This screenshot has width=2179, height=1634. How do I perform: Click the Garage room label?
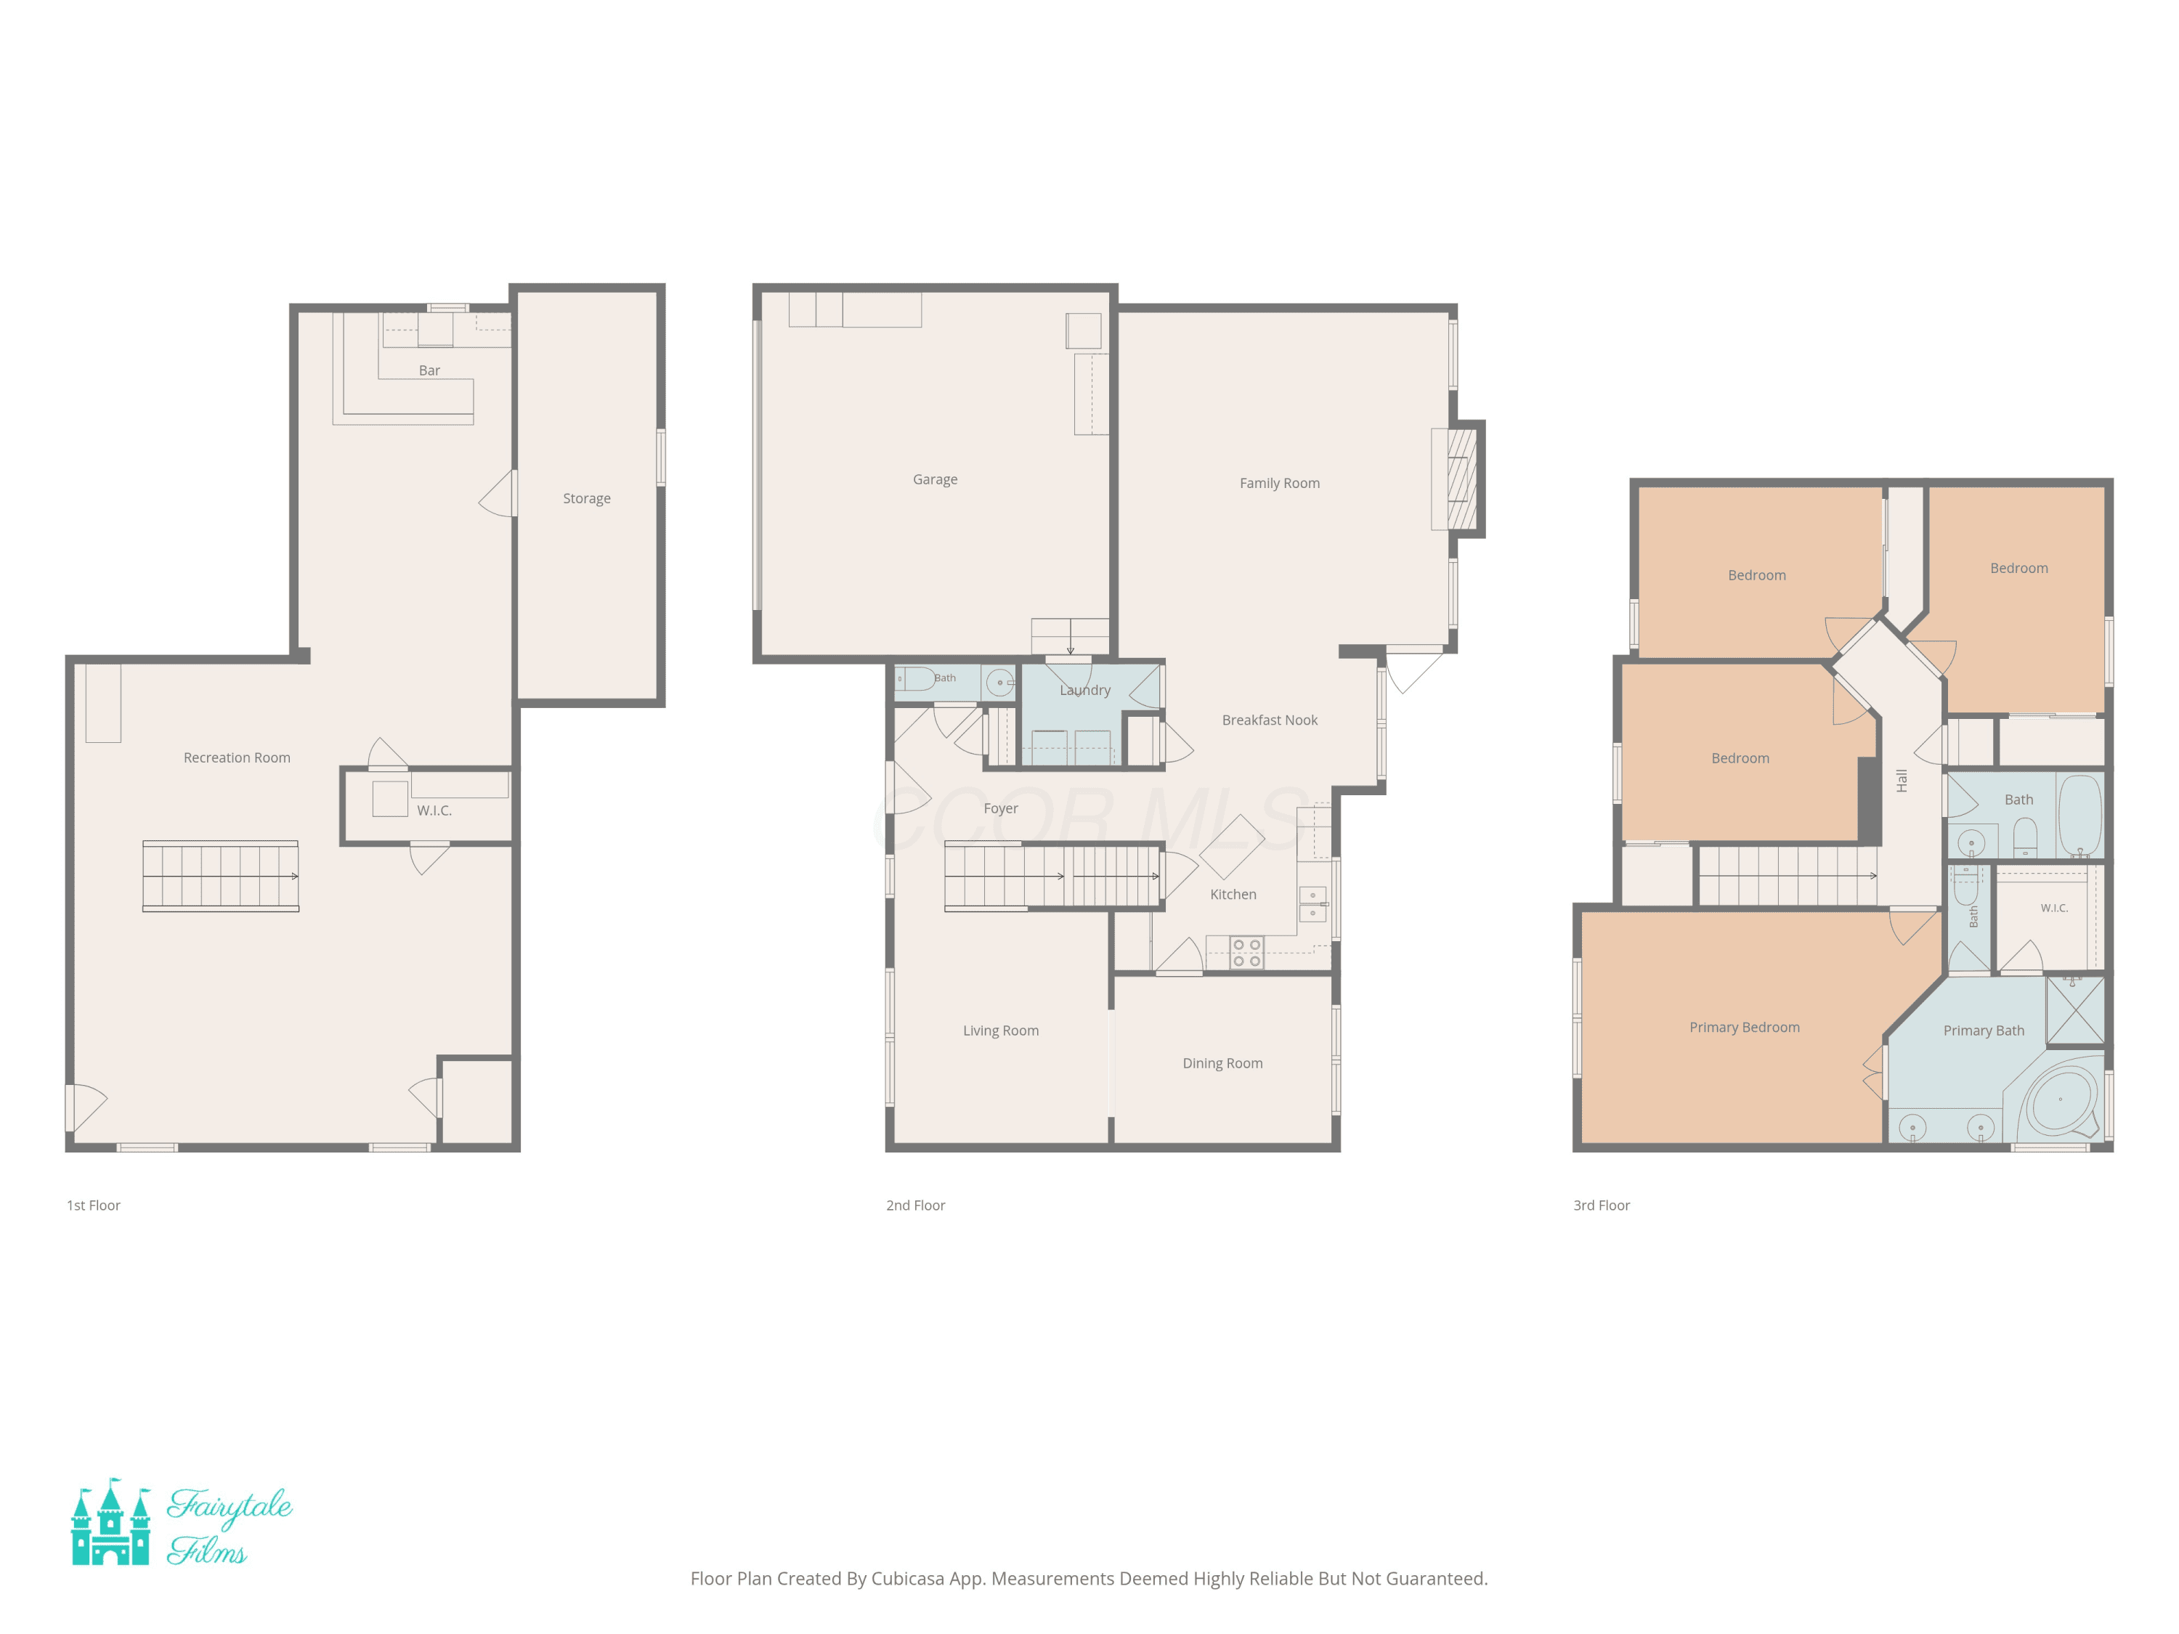pos(935,479)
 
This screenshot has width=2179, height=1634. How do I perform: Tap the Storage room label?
pos(586,498)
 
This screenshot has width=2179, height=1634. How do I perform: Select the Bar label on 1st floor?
pos(429,370)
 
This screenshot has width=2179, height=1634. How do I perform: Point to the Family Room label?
pos(1280,483)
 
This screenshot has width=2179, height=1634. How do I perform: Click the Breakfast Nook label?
pos(1270,720)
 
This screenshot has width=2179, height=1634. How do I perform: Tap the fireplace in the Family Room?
pos(1462,479)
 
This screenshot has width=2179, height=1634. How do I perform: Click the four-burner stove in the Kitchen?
pos(1246,952)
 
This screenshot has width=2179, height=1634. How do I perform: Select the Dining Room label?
pos(1222,1062)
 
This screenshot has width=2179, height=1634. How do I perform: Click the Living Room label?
pos(1001,1031)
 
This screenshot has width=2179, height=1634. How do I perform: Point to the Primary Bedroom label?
pos(1745,1028)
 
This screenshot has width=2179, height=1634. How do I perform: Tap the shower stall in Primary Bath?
pos(2074,1009)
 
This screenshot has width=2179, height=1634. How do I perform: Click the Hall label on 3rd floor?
pos(1902,781)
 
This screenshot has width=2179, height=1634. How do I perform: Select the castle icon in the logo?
pos(110,1521)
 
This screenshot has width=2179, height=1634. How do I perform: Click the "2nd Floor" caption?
pos(915,1206)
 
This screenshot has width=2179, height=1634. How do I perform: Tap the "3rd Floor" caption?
pos(1601,1206)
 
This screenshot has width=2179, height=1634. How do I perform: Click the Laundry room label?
pos(1084,691)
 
